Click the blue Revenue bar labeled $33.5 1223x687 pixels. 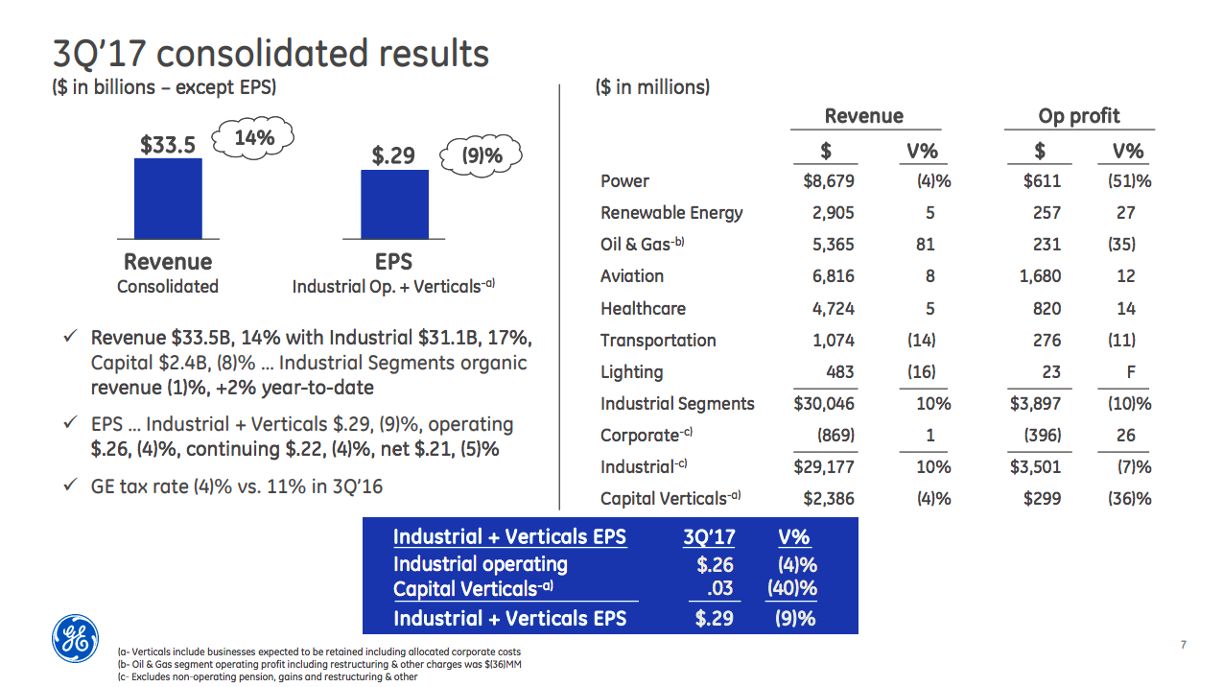pos(168,198)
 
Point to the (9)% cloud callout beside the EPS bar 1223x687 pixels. pos(482,155)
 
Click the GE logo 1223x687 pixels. pos(74,638)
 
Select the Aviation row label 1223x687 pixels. pos(632,276)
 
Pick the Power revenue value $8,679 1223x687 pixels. pos(828,181)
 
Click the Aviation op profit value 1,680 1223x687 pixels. pos(1040,276)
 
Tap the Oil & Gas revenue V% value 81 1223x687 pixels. pos(925,245)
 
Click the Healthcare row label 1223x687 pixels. pos(643,309)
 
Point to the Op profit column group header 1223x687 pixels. pos(1078,116)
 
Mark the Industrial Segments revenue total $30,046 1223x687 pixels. pos(824,404)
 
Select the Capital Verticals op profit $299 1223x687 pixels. pos(1043,498)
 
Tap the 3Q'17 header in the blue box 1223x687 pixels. pos(708,536)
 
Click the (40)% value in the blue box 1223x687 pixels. pos(792,588)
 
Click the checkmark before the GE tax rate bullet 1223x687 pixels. pos(70,486)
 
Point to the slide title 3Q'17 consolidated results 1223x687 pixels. pos(270,54)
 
